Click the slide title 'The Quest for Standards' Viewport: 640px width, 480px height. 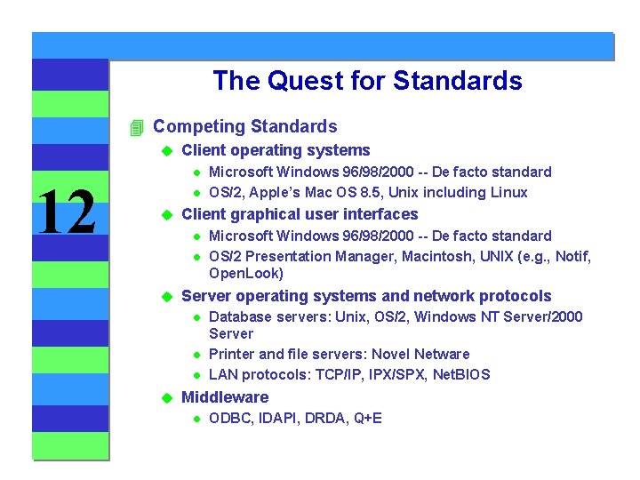[367, 81]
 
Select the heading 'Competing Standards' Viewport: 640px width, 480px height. [245, 126]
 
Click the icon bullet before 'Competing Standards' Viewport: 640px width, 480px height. [136, 127]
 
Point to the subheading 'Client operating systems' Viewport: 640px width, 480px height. [276, 150]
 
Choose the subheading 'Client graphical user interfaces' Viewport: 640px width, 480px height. [300, 214]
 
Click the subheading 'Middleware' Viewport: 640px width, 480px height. [225, 397]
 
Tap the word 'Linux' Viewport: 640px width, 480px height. [508, 192]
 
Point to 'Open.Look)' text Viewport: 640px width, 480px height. [246, 274]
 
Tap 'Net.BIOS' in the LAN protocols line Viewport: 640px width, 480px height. [459, 374]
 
